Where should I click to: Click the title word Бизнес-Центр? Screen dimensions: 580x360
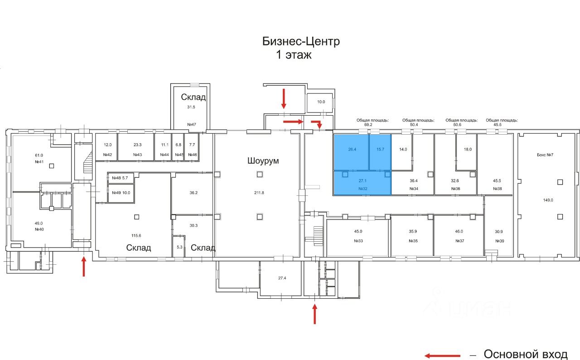tap(301, 41)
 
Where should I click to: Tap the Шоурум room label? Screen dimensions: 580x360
tap(263, 161)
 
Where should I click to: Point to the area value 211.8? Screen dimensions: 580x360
tap(259, 193)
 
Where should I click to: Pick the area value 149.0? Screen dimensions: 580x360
tap(548, 200)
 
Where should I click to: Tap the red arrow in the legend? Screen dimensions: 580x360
tap(442, 355)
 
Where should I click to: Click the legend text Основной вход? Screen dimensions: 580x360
tap(526, 354)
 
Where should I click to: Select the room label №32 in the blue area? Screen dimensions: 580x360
tap(362, 188)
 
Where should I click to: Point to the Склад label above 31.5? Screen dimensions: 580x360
tap(193, 97)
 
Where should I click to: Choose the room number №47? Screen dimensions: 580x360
tap(191, 124)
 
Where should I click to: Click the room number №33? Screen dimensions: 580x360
tap(358, 241)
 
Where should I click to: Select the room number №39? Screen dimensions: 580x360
tap(500, 241)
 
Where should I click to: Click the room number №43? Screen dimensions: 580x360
tap(138, 155)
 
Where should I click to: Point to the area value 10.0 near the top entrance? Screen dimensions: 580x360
tap(321, 102)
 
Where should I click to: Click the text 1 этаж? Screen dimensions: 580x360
tap(294, 55)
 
